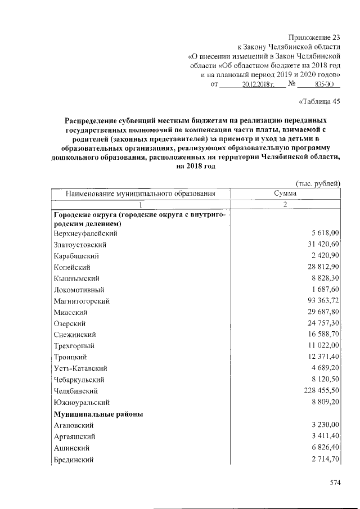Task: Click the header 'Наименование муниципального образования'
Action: coord(141,193)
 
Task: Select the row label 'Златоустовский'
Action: coord(80,245)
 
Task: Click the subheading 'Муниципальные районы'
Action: coord(98,414)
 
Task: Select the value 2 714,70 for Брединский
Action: coord(325,460)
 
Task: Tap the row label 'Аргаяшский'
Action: coord(74,436)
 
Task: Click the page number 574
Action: coord(336,482)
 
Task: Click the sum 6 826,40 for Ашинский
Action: coord(325,448)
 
